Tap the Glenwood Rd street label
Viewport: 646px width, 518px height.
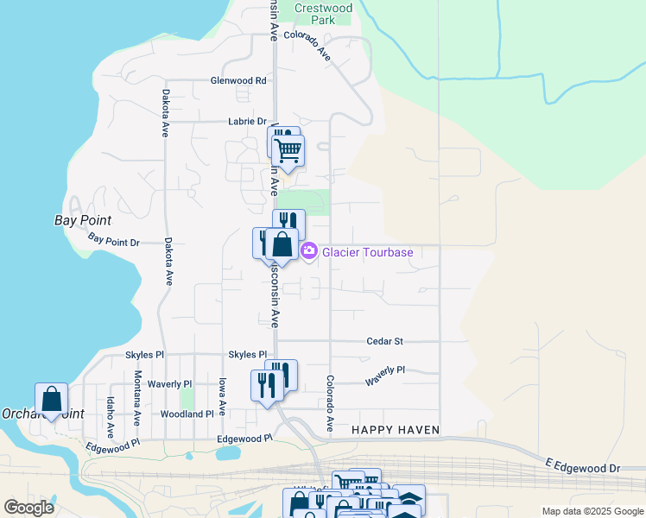tap(238, 80)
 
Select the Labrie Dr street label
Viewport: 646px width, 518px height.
tap(247, 122)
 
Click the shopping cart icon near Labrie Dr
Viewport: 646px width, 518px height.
tap(288, 150)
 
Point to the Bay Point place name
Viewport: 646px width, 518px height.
tap(79, 220)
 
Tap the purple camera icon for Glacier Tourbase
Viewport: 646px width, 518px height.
tap(308, 251)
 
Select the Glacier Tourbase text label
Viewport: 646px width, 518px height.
tap(367, 252)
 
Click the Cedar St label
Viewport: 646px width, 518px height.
tap(384, 341)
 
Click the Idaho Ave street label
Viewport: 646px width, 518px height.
tap(110, 415)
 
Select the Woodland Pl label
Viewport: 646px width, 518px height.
tap(187, 414)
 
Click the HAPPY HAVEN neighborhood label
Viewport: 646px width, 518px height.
tap(396, 430)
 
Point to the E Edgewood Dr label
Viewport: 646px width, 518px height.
tap(582, 467)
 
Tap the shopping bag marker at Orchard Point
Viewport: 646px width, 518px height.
tap(51, 399)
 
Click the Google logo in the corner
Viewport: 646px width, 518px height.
tap(28, 507)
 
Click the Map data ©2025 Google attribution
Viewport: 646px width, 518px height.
tap(592, 511)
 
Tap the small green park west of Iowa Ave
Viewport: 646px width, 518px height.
tap(187, 399)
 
